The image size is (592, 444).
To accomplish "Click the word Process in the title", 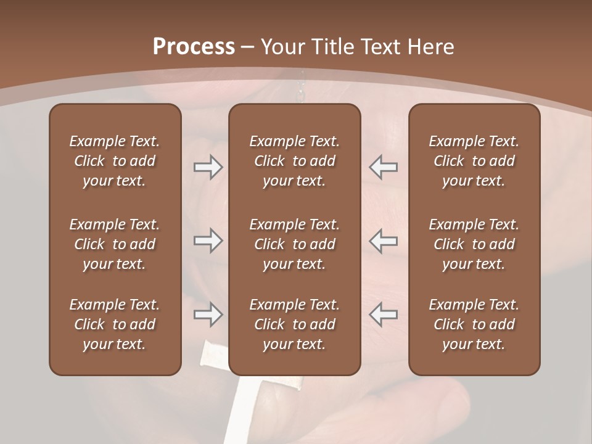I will click(194, 47).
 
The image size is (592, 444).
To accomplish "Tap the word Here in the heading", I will click(431, 47).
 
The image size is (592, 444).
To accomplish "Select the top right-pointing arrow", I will click(208, 167).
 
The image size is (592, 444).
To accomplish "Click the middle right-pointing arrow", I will click(208, 240).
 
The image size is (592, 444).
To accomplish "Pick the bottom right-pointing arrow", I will click(208, 314).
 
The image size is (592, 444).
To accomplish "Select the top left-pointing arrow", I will click(384, 167).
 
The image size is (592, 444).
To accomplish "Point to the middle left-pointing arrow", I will click(384, 240).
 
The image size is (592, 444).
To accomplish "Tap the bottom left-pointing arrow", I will click(384, 314).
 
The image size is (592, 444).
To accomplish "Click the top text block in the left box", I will click(115, 161).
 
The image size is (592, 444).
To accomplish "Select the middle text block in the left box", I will click(115, 244).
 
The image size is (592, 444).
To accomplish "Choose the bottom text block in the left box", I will click(115, 324).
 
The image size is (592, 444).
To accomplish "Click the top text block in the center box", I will click(294, 161).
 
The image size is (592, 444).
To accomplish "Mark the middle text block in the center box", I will click(294, 244).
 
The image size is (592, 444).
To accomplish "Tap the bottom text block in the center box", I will click(294, 324).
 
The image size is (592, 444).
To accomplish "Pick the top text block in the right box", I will click(474, 161).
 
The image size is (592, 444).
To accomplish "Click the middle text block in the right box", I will click(474, 244).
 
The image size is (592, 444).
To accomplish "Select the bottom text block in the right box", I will click(474, 324).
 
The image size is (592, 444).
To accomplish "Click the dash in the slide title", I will click(248, 47).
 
